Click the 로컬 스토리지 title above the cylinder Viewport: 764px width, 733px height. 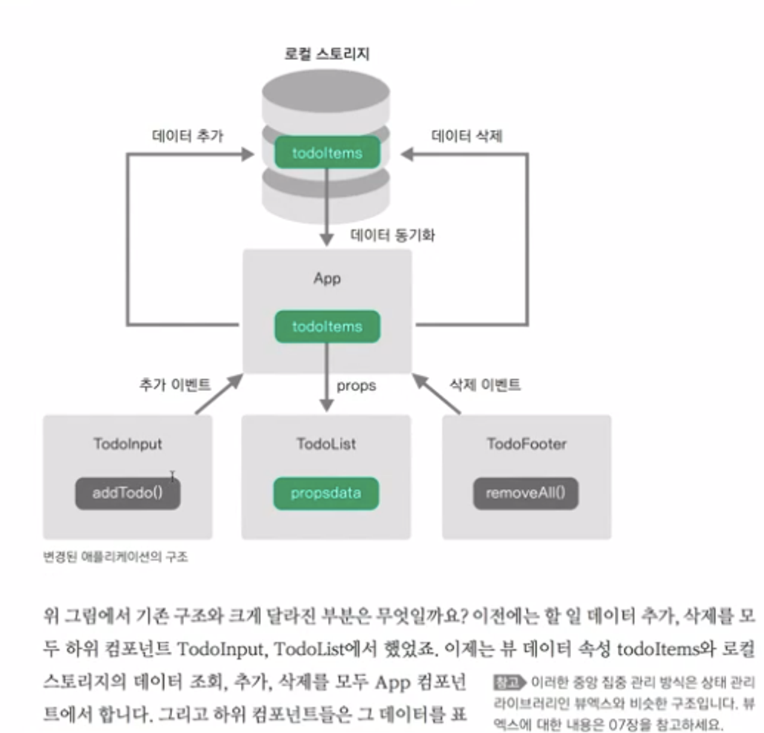(327, 53)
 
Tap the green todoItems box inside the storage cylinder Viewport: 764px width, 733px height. (327, 153)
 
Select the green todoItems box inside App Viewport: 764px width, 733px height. (327, 326)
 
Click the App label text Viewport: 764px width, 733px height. (327, 279)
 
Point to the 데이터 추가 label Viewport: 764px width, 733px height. (188, 137)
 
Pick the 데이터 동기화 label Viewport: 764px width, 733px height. (392, 236)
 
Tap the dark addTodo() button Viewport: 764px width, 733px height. (128, 493)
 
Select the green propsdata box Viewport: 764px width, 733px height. (326, 493)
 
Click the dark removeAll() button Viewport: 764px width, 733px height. (526, 493)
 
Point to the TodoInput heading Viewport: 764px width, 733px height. (128, 444)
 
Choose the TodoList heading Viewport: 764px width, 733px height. (326, 444)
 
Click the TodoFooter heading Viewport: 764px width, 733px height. (527, 444)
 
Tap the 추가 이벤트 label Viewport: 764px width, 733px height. (174, 384)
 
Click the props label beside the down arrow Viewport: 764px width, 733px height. (356, 385)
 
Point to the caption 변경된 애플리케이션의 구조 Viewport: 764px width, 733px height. (116, 556)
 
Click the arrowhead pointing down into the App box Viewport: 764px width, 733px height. (327, 239)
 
